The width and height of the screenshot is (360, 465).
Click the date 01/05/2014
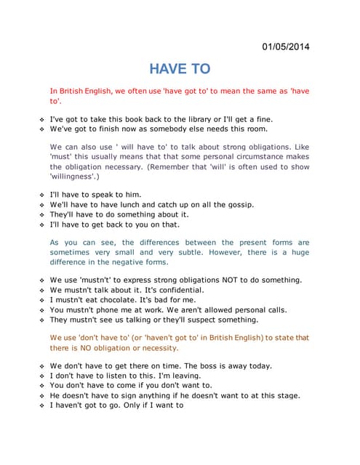point(285,47)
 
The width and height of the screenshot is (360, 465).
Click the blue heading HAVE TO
point(180,69)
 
